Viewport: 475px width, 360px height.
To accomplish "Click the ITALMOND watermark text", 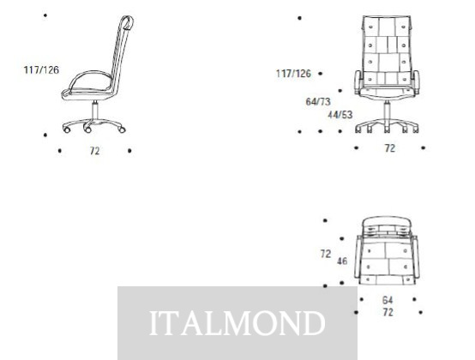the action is pos(237,323).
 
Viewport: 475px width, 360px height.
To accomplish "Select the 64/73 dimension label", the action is pos(318,102).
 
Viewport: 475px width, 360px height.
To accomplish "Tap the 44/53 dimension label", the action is pos(340,115).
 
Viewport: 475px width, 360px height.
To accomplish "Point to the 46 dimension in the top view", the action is pos(342,261).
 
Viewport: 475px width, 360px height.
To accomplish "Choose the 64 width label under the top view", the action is pos(388,300).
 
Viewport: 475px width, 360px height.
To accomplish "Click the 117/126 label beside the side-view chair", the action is pos(41,70).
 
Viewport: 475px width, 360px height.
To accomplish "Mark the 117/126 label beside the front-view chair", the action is pos(293,73).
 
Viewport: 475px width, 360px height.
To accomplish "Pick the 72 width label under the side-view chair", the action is pos(95,151).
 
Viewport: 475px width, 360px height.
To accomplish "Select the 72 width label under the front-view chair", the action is pos(390,148).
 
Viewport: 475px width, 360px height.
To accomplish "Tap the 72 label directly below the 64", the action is pos(388,312).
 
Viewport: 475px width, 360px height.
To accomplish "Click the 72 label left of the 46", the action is pos(326,254).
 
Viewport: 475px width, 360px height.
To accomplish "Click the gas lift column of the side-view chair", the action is pos(95,111).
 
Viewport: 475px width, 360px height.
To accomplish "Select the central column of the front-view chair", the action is pos(387,112).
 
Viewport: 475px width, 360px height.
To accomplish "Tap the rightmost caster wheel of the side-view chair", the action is pos(122,130).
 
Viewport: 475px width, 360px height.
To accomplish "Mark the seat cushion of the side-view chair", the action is pos(91,81).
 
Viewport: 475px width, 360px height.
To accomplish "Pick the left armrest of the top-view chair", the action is pos(358,257).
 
